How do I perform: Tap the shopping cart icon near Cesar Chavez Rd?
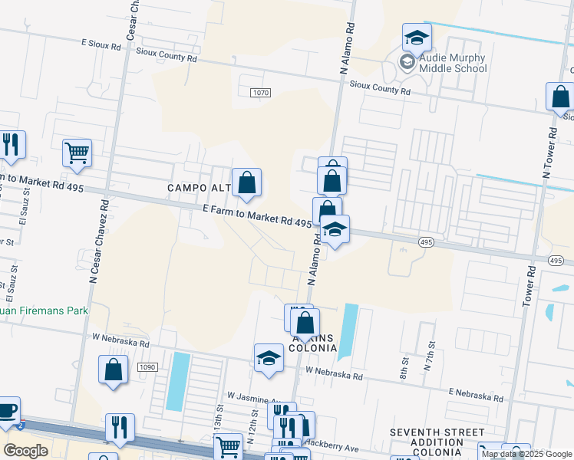(x=78, y=153)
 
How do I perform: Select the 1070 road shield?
(x=260, y=93)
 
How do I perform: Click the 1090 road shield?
(x=148, y=368)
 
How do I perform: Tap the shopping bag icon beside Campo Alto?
(x=247, y=183)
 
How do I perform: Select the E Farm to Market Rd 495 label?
(x=257, y=219)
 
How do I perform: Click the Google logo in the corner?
(x=25, y=450)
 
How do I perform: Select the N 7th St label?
(x=429, y=357)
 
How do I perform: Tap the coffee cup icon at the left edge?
(x=7, y=412)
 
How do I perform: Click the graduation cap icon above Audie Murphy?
(x=417, y=38)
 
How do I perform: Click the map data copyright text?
(x=526, y=454)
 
